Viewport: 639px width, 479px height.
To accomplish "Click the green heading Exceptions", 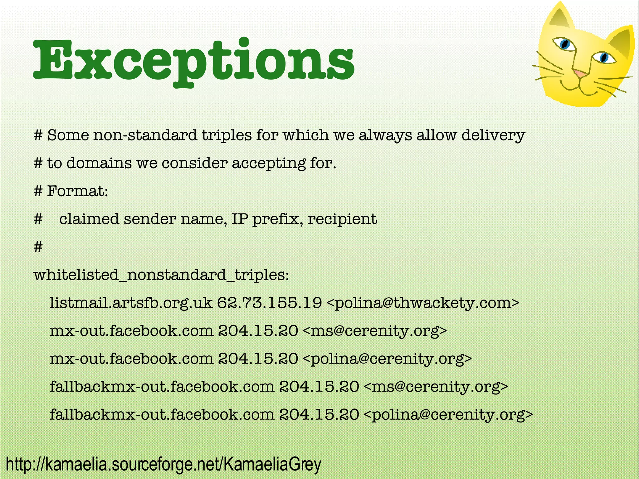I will pyautogui.click(x=193, y=61).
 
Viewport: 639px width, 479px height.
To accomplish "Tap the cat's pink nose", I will pyautogui.click(x=580, y=74).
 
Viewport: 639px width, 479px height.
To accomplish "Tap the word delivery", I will pyautogui.click(x=493, y=135).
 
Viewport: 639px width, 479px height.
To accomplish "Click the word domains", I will pyautogui.click(x=99, y=163).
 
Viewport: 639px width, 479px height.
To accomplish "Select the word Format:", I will pyautogui.click(x=77, y=191).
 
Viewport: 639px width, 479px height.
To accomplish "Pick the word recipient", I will pyautogui.click(x=342, y=219).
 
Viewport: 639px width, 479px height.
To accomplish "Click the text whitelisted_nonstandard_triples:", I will pyautogui.click(x=161, y=275).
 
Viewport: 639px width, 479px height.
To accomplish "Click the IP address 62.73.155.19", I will pyautogui.click(x=269, y=303).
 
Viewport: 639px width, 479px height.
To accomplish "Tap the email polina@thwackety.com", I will pyautogui.click(x=423, y=303).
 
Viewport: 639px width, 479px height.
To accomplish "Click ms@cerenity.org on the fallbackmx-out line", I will pyautogui.click(x=436, y=387).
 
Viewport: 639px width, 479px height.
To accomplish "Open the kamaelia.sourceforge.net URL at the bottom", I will pyautogui.click(x=163, y=464).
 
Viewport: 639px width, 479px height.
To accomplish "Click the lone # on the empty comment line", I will pyautogui.click(x=38, y=247).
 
